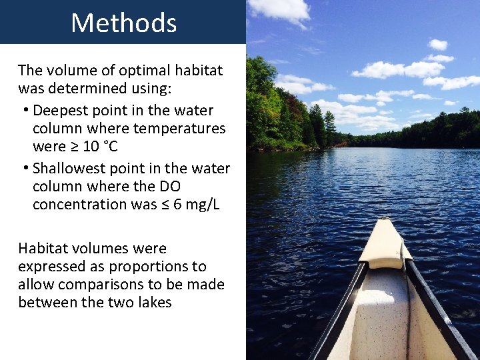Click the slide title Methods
(x=123, y=23)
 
